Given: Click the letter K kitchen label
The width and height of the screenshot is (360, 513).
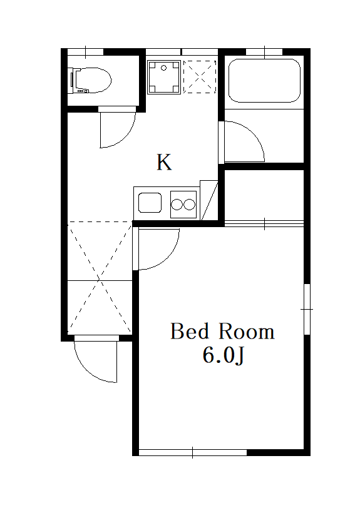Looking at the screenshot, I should click(164, 163).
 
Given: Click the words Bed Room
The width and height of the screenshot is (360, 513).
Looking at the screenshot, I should click(222, 331).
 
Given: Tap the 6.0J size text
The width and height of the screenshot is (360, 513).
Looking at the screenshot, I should click(222, 355).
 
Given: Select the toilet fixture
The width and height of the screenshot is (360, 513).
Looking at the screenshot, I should click(91, 80).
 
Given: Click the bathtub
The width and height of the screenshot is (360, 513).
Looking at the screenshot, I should click(264, 80).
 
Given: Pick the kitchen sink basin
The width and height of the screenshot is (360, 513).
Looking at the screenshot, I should click(150, 203).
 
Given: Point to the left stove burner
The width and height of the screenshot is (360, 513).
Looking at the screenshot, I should click(177, 203).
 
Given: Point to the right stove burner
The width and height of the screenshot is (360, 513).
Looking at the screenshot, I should click(189, 203).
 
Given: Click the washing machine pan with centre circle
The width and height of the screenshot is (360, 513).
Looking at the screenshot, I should click(164, 76).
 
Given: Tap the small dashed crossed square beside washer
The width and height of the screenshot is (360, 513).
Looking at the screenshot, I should click(200, 76).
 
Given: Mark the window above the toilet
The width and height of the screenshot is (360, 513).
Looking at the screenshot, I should click(85, 51).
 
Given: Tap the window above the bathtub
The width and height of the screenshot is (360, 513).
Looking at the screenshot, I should click(264, 51).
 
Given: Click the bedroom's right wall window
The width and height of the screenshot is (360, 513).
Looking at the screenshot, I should click(306, 309).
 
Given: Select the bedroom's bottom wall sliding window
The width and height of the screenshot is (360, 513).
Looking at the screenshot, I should click(193, 452).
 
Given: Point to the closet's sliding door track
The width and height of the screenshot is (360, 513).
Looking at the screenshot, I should click(264, 223).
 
